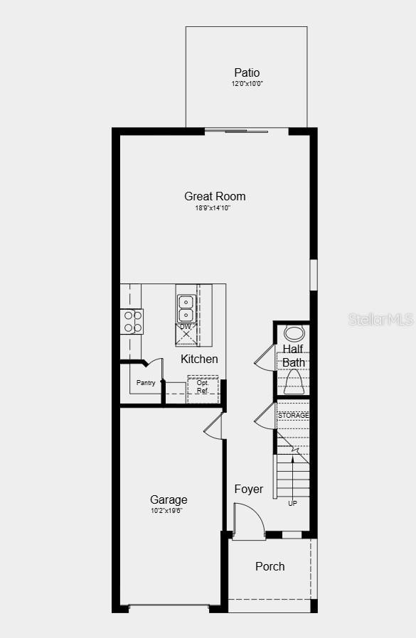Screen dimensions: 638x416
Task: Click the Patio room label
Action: [247, 72]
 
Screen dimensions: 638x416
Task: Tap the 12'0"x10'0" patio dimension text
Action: [247, 84]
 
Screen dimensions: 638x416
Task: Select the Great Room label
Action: [215, 196]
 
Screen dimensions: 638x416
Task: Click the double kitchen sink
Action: [186, 309]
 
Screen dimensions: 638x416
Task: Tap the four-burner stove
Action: [132, 321]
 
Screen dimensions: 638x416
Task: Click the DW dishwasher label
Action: [186, 326]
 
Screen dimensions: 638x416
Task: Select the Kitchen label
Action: [199, 359]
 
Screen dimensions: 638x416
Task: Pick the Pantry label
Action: [146, 383]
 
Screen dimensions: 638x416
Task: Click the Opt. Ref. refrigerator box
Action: [203, 388]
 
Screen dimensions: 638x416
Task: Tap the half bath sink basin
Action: [293, 333]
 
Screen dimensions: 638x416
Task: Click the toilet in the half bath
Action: [293, 384]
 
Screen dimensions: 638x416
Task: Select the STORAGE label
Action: [293, 415]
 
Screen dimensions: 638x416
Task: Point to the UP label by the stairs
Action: [292, 503]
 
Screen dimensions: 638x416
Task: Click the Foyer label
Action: [249, 489]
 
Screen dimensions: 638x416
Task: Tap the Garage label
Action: [169, 499]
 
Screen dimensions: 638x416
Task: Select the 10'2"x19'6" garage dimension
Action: [167, 511]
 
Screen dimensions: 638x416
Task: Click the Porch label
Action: [270, 566]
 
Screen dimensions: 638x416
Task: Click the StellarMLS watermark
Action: [380, 319]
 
